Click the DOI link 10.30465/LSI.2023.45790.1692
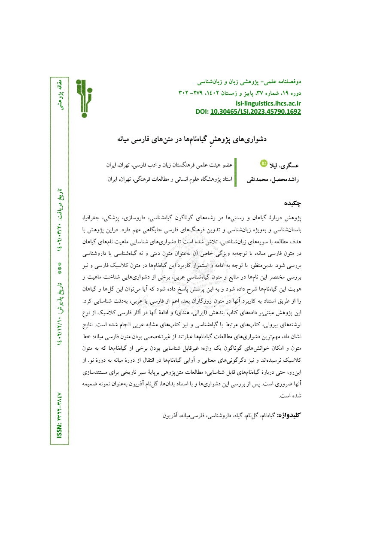[x=255, y=112]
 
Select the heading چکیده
[x=292, y=202]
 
